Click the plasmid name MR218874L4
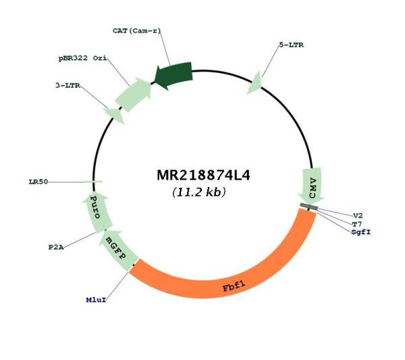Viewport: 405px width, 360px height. pyautogui.click(x=203, y=176)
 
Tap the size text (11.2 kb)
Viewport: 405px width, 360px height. pyautogui.click(x=199, y=192)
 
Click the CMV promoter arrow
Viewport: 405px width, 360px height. pyautogui.click(x=312, y=186)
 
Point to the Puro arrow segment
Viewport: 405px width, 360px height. pyautogui.click(x=96, y=212)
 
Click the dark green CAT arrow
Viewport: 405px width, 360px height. pyautogui.click(x=173, y=75)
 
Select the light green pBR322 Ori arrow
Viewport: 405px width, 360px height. pyautogui.click(x=134, y=94)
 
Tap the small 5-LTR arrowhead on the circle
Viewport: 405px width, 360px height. pyautogui.click(x=255, y=83)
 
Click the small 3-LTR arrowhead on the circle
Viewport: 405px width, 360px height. pyautogui.click(x=114, y=115)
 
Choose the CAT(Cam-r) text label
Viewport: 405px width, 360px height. pyautogui.click(x=136, y=31)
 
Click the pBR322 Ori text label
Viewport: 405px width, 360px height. pyautogui.click(x=82, y=58)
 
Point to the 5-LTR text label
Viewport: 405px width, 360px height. pyautogui.click(x=292, y=45)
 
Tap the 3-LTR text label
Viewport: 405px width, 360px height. pyautogui.click(x=68, y=85)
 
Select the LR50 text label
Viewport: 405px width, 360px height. pyautogui.click(x=38, y=182)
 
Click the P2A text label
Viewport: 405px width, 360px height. pyautogui.click(x=56, y=247)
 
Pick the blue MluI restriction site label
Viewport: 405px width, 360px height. pyautogui.click(x=96, y=300)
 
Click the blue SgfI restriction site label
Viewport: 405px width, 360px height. pyautogui.click(x=361, y=232)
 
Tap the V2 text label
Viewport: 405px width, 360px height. pyautogui.click(x=358, y=215)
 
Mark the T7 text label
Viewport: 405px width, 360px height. pyautogui.click(x=357, y=224)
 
